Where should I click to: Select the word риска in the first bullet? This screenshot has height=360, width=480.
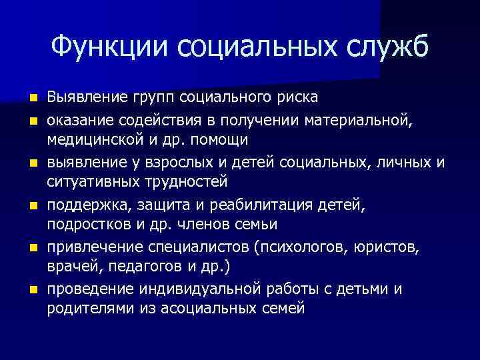click(x=297, y=97)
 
